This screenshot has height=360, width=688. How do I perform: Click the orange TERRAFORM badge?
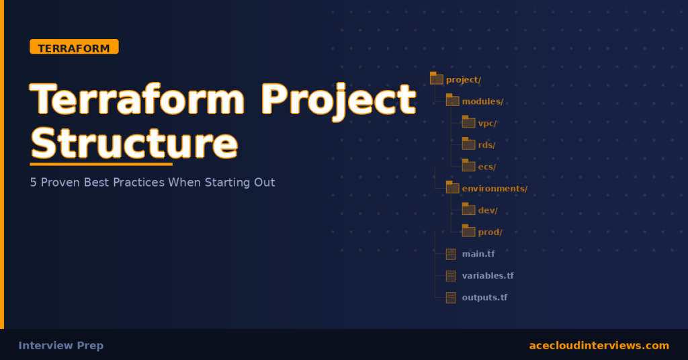pyautogui.click(x=74, y=47)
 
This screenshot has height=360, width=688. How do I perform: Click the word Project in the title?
pyautogui.click(x=338, y=99)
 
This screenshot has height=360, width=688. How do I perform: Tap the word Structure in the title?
pyautogui.click(x=134, y=142)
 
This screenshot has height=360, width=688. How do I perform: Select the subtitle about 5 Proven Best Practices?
pyautogui.click(x=153, y=182)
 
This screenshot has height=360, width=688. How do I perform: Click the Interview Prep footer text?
pyautogui.click(x=61, y=345)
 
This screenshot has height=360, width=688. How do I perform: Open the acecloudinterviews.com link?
pyautogui.click(x=599, y=345)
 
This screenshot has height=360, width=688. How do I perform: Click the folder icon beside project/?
pyautogui.click(x=436, y=79)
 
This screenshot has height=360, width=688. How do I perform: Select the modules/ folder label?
pyautogui.click(x=482, y=101)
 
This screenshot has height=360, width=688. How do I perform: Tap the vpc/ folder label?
pyautogui.click(x=487, y=123)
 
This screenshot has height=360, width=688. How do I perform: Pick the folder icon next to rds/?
pyautogui.click(x=468, y=144)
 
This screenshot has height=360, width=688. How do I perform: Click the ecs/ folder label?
pyautogui.click(x=486, y=167)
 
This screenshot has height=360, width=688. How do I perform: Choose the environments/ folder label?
pyautogui.click(x=494, y=188)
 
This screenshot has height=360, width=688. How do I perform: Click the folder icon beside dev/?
pyautogui.click(x=468, y=209)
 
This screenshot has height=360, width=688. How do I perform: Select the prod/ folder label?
pyautogui.click(x=490, y=232)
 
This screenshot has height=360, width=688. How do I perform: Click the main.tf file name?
pyautogui.click(x=478, y=254)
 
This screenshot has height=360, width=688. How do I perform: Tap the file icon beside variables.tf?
pyautogui.click(x=451, y=275)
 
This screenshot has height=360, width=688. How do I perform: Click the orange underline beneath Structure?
pyautogui.click(x=101, y=163)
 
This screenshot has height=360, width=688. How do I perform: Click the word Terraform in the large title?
pyautogui.click(x=138, y=99)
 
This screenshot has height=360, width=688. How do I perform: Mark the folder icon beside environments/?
pyautogui.click(x=452, y=187)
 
